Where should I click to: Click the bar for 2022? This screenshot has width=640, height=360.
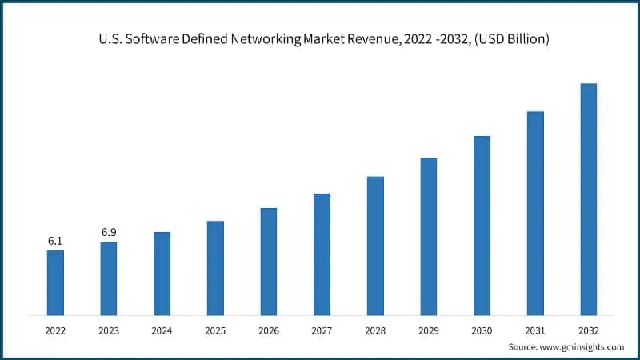point(55,282)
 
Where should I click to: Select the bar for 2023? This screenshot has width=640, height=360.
point(109,278)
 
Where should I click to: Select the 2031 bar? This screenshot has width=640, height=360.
point(535,212)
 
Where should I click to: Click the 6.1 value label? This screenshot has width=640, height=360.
point(55,241)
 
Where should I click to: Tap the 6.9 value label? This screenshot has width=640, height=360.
point(109,232)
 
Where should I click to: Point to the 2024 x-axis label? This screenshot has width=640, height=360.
point(162,330)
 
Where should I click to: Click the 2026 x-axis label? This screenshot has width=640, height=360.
point(269,330)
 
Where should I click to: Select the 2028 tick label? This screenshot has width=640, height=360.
point(375,330)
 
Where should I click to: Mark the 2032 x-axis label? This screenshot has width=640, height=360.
point(588,330)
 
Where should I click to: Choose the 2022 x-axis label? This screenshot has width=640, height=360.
point(55,330)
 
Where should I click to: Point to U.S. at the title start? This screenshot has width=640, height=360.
point(110,39)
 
